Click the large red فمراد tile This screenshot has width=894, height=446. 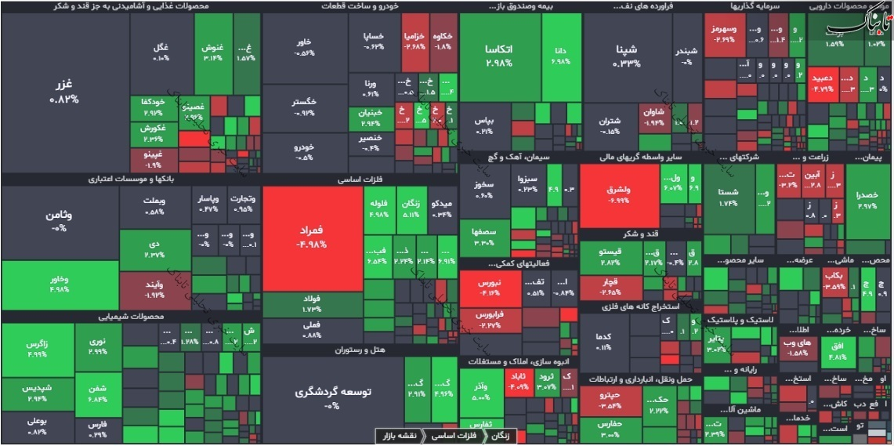tap(312, 238)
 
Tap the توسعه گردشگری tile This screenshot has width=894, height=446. tap(332, 397)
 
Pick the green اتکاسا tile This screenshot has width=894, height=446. tap(498, 56)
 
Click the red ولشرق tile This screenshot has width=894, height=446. tap(619, 195)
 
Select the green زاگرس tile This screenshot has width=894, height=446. tap(37, 349)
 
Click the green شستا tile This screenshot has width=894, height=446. tap(729, 197)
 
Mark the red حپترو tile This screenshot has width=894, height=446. tap(610, 401)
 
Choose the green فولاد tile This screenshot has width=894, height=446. tap(312, 303)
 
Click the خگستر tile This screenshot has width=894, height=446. tap(304, 107)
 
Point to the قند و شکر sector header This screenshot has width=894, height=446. tap(640, 234)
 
